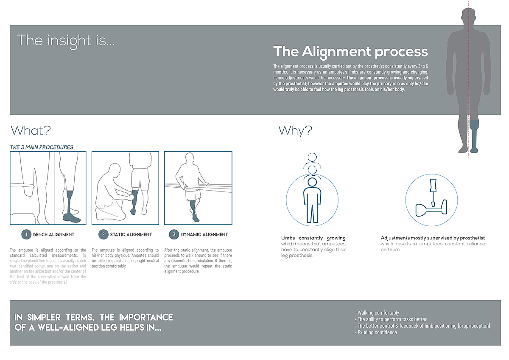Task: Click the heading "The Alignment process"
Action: coord(350,52)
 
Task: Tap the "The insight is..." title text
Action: coord(66,41)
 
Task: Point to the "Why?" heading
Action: coord(295,130)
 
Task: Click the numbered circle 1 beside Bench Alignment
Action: coord(26,234)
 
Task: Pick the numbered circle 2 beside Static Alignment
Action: coord(103,234)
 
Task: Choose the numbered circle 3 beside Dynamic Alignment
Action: coord(173,234)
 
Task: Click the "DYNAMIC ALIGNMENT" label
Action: coord(204,234)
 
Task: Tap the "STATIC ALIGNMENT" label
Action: coord(131,234)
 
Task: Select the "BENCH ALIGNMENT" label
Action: coord(54,234)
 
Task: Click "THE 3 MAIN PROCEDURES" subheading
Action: coord(42,147)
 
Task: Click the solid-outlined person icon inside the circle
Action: coord(312,200)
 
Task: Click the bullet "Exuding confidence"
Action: coord(377,332)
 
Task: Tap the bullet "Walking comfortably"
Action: coord(378,313)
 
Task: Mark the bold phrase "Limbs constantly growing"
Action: coord(313,238)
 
